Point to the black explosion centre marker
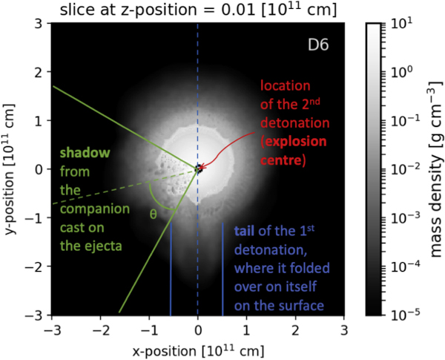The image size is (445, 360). point(198,168)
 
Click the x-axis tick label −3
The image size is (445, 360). point(52,329)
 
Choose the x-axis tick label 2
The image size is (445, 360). point(294,329)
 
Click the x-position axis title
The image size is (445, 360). point(198,347)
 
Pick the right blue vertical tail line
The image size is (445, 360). point(223,267)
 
